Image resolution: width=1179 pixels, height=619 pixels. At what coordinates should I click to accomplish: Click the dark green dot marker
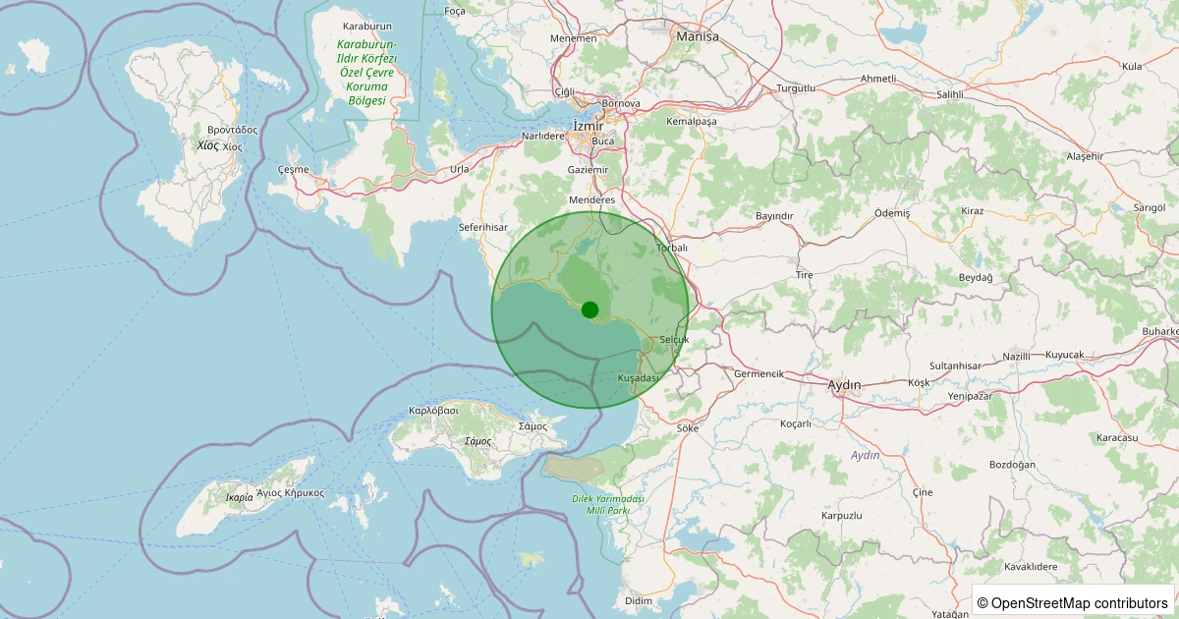(x=589, y=309)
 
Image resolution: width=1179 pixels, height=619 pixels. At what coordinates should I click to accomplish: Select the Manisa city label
(x=698, y=36)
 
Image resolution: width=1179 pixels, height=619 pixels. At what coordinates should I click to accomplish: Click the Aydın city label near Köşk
(x=845, y=384)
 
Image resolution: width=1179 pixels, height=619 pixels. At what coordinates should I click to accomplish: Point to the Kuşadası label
(x=638, y=378)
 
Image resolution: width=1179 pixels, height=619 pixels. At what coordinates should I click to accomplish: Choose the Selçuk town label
(x=675, y=339)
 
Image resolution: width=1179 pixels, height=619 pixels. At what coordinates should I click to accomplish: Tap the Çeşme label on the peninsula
(x=294, y=169)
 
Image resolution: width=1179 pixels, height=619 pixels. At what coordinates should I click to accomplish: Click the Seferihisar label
(x=481, y=227)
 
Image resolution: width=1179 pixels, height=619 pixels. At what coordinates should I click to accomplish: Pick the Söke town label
(x=688, y=428)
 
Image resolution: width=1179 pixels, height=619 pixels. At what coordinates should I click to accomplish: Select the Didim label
(x=638, y=600)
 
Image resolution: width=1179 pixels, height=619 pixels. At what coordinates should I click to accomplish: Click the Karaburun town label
(x=367, y=27)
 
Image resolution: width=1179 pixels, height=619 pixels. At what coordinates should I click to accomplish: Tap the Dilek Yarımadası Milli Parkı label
(x=608, y=505)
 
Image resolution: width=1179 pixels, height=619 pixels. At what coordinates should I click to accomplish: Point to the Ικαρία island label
(x=239, y=497)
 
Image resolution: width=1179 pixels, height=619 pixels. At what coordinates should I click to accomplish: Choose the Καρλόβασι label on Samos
(x=433, y=410)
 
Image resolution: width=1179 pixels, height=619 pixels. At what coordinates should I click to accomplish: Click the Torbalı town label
(x=671, y=248)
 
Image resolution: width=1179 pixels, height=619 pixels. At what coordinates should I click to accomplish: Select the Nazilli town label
(x=1016, y=356)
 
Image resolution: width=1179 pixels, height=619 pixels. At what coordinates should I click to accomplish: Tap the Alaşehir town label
(x=1085, y=156)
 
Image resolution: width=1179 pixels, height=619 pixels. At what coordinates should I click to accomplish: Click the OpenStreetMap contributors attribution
(x=1072, y=602)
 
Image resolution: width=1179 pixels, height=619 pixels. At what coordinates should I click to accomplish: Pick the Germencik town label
(x=758, y=374)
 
